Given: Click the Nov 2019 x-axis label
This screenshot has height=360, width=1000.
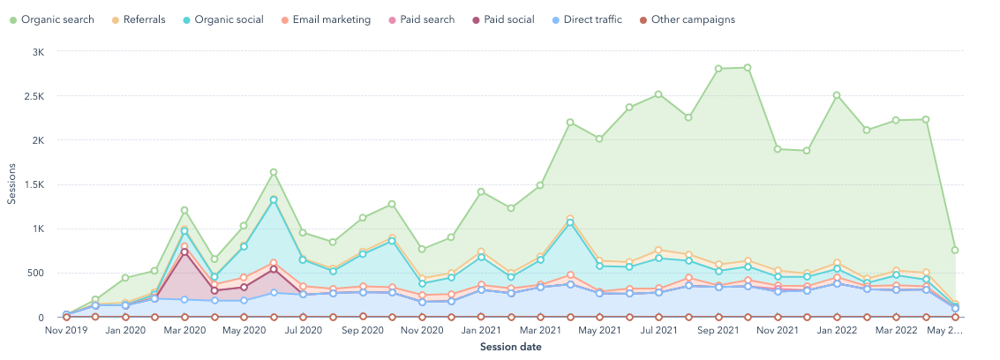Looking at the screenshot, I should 66,331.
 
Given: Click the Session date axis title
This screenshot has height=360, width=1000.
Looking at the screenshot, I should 511,347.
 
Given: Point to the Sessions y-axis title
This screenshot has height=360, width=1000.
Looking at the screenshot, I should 11,184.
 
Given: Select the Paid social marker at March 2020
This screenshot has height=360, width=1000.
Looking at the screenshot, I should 184,251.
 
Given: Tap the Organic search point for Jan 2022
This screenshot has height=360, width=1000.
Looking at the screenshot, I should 837,95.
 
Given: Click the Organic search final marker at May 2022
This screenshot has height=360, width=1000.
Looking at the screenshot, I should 956,250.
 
